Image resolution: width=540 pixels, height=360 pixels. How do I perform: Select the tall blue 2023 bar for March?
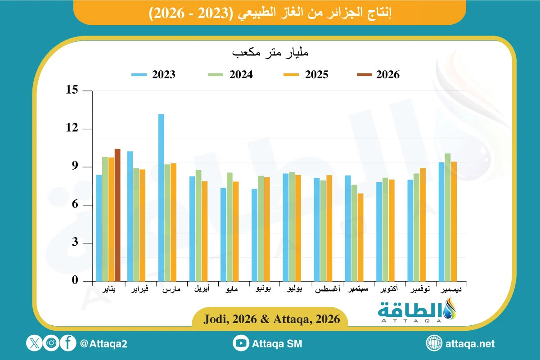161,198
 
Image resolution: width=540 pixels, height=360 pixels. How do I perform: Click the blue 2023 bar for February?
130,216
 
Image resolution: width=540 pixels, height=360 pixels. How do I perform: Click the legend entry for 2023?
153,75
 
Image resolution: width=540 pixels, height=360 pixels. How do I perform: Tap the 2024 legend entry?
230,75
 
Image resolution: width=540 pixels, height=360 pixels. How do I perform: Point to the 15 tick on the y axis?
72,90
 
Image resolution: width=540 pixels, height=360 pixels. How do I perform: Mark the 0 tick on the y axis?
75,281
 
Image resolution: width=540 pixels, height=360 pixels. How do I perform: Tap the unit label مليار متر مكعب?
270,53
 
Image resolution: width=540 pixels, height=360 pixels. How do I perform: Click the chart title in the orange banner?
270,13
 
